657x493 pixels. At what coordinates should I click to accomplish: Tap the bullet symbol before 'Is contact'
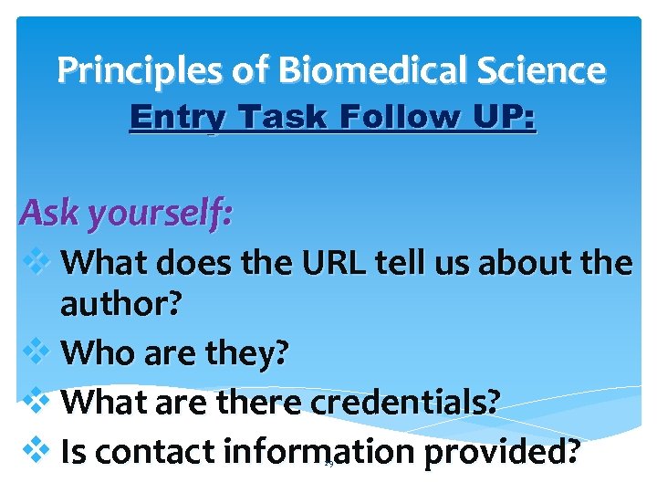pyautogui.click(x=36, y=449)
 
